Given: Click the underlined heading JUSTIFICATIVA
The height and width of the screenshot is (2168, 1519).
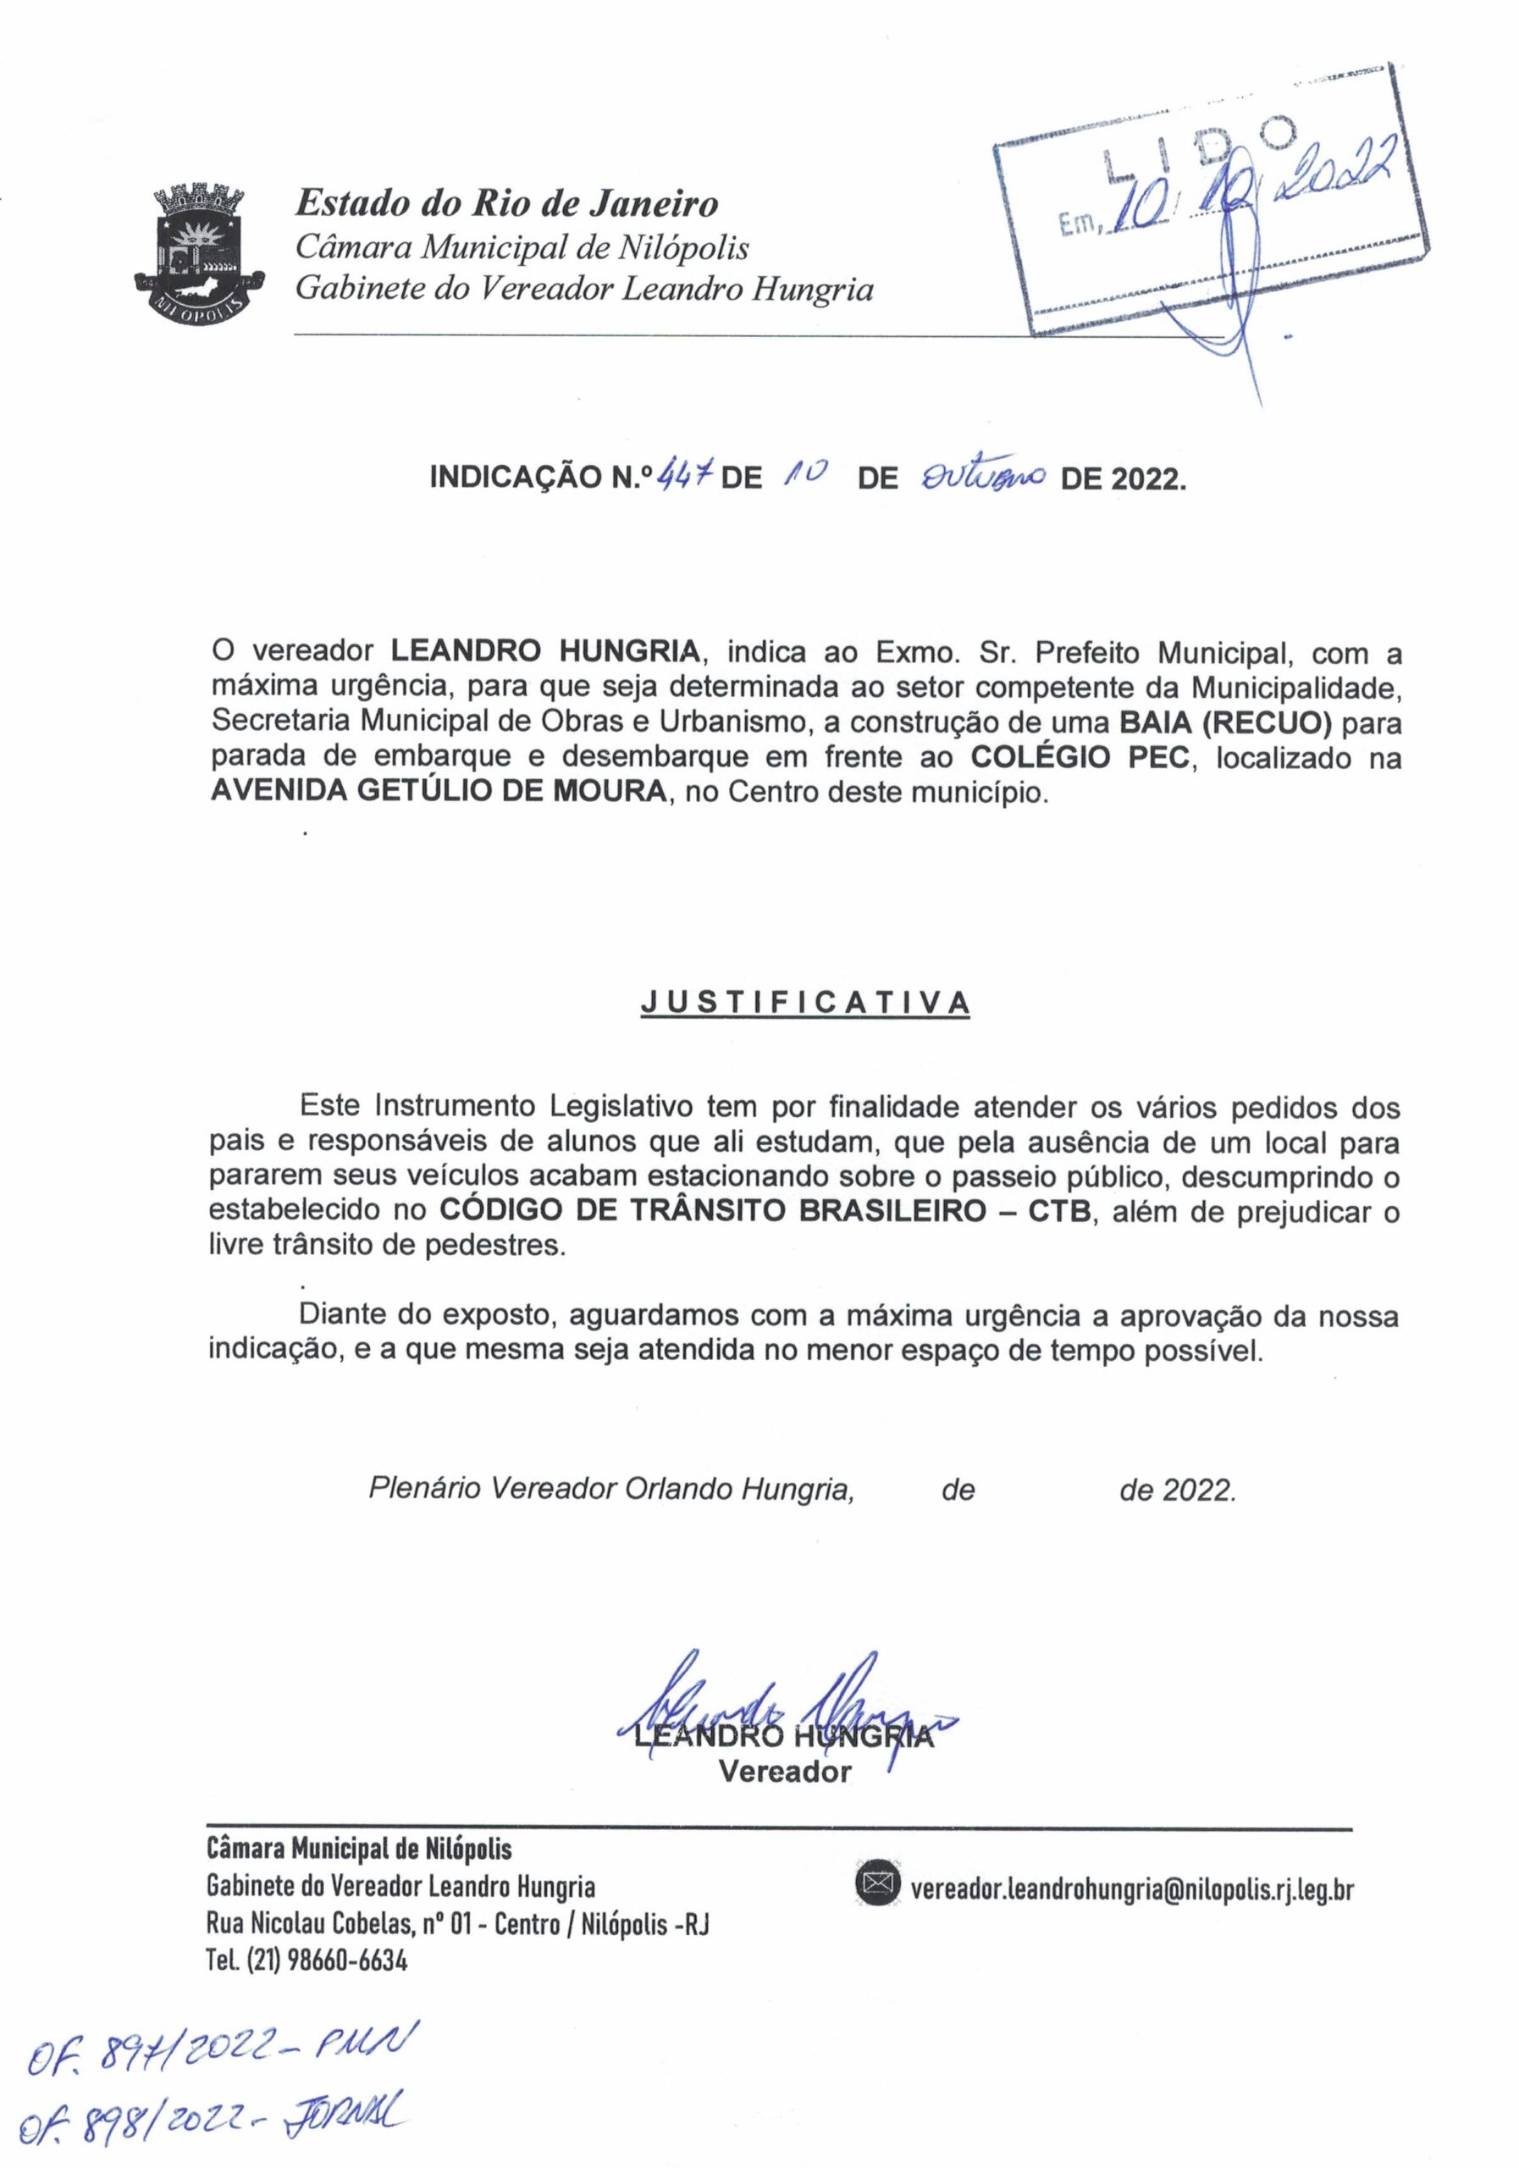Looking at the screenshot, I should (804, 1003).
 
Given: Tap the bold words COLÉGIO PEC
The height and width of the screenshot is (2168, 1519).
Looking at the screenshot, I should (1081, 757).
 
